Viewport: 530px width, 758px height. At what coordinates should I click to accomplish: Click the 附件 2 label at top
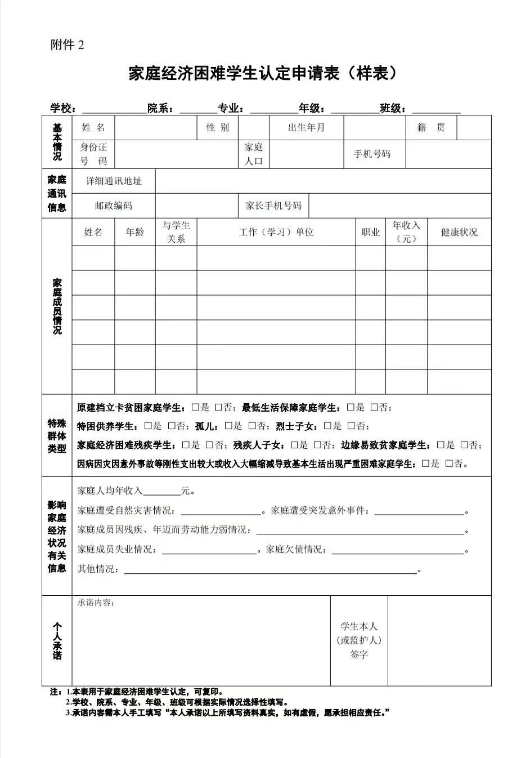click(x=67, y=46)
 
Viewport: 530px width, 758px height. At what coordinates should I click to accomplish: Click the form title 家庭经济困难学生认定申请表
click(x=264, y=73)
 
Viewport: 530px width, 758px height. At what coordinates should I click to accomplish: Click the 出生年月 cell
click(x=306, y=128)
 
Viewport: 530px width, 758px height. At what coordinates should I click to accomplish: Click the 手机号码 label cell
click(x=372, y=154)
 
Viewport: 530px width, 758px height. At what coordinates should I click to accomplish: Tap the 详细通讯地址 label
click(x=114, y=181)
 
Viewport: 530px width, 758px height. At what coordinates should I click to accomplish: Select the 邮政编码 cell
click(x=114, y=206)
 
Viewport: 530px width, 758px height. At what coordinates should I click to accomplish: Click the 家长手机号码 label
click(x=273, y=206)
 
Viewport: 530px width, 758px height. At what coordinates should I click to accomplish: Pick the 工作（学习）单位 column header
click(x=276, y=232)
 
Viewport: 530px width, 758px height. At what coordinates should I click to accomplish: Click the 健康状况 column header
click(x=459, y=232)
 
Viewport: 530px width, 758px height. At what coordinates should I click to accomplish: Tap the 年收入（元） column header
click(x=406, y=232)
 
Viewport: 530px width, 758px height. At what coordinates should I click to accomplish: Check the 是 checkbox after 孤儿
click(x=228, y=426)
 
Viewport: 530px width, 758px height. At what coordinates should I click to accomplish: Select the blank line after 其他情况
click(x=270, y=570)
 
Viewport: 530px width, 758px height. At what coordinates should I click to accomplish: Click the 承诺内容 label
click(x=96, y=603)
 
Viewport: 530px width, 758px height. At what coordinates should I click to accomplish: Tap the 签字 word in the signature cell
click(x=359, y=654)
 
